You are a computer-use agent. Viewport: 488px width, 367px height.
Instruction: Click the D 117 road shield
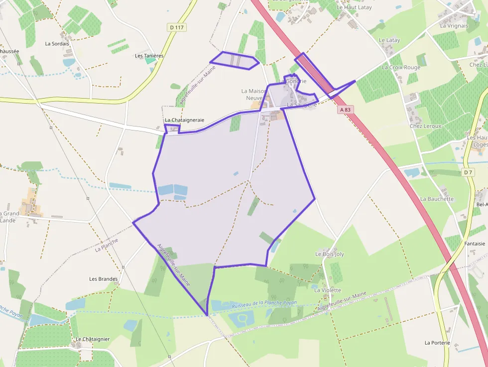click(177, 27)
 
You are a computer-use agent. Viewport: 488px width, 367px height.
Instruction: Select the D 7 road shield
click(467, 172)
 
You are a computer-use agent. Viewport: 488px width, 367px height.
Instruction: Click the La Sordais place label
click(57, 44)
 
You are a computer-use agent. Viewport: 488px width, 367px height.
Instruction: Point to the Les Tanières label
click(149, 56)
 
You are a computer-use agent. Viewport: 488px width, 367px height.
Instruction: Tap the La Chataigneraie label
click(184, 121)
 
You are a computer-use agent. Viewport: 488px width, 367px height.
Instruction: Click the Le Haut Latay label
click(354, 7)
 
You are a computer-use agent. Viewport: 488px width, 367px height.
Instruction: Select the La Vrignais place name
click(454, 25)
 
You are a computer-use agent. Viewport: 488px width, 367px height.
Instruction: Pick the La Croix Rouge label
click(401, 67)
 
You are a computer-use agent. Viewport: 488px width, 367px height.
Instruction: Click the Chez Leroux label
click(425, 126)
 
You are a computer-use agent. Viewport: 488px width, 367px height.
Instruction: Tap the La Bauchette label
click(437, 199)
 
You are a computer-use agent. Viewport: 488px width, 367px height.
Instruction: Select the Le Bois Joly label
click(330, 254)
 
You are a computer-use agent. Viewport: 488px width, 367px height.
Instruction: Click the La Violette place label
click(327, 290)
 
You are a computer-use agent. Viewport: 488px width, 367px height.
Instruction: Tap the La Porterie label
click(437, 343)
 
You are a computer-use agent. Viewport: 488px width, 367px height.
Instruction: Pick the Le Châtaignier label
click(93, 339)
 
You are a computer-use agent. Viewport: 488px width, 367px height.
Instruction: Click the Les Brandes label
click(103, 279)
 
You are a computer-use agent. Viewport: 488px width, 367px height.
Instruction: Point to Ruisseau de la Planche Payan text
click(264, 303)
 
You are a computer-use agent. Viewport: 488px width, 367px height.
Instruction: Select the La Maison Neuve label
click(254, 94)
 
